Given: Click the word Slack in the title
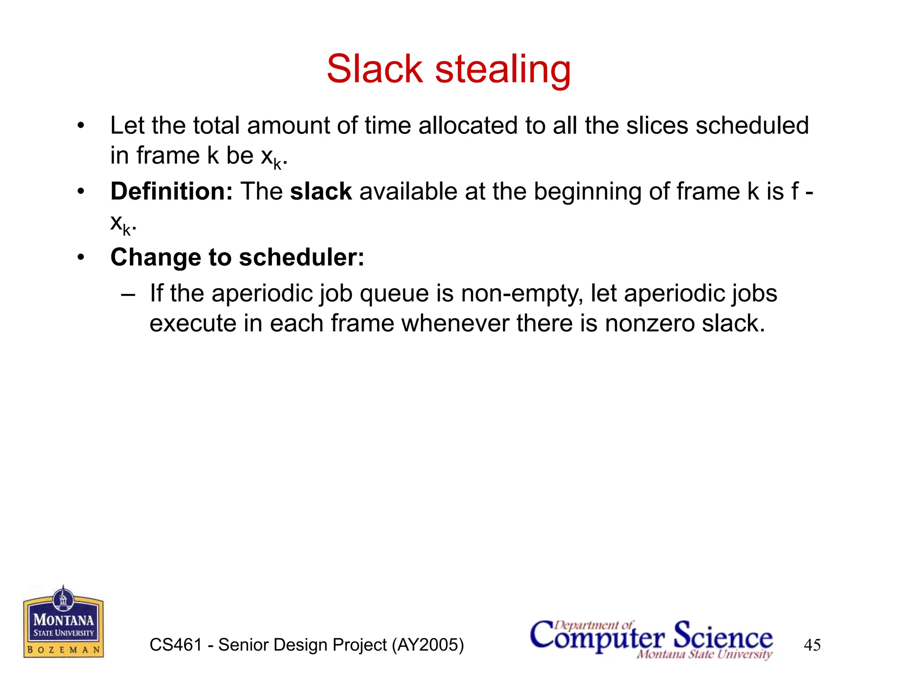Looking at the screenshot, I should point(374,69).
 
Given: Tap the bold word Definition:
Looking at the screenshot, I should point(171,192).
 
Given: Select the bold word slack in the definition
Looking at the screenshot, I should point(321,192).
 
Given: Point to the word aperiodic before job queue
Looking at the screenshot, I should point(263,294).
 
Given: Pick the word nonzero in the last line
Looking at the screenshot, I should point(650,324).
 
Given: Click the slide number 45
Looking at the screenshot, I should point(812,645).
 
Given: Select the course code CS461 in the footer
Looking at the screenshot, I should point(176,645).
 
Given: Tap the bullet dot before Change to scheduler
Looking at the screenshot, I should point(80,258).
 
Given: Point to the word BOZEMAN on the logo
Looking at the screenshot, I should point(64,649).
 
